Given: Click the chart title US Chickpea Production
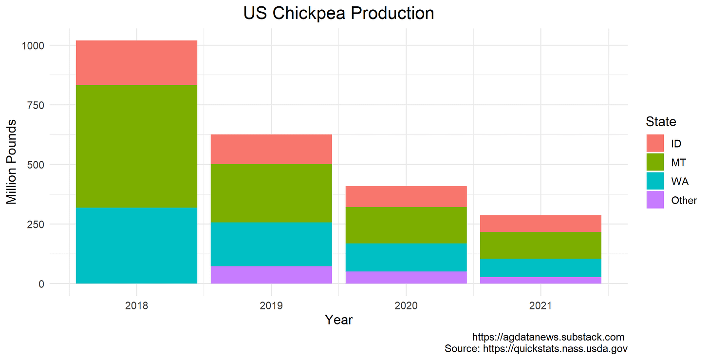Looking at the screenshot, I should click(338, 13).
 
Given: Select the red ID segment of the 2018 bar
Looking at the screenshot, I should click(136, 63).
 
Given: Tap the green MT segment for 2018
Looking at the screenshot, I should click(136, 146).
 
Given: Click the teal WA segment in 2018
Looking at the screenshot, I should click(136, 245).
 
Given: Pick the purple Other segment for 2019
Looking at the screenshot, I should click(271, 275).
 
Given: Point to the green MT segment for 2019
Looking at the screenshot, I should click(271, 193).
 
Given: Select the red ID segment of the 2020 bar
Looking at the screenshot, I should click(406, 196).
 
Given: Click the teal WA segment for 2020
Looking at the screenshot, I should click(406, 257).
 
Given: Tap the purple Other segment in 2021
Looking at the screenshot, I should click(541, 280).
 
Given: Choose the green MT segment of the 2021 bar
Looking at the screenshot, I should click(541, 246).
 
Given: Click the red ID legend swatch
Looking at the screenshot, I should click(655, 143).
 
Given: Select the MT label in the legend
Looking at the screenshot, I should click(678, 162).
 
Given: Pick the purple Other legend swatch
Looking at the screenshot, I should click(655, 200).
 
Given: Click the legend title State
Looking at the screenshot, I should click(661, 121).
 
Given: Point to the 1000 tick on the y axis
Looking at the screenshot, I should click(33, 45).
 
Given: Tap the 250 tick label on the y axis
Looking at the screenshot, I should click(36, 224).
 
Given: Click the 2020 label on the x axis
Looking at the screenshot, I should click(406, 306).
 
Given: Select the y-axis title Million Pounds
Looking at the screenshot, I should click(11, 161).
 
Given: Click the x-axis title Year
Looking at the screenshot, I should click(338, 320).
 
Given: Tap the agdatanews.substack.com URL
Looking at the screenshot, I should click(548, 337).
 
